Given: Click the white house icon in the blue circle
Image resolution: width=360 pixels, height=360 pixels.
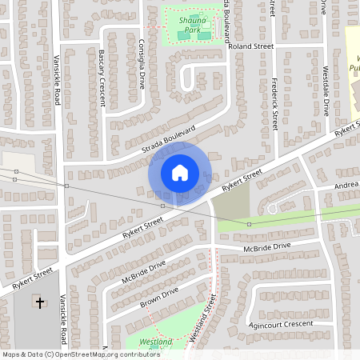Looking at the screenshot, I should point(180,173).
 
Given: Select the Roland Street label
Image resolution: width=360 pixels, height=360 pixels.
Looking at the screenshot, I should point(250,47).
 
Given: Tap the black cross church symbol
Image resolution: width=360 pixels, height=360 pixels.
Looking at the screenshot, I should point(41,302).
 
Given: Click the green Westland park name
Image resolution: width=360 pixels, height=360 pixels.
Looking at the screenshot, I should point(155,342).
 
